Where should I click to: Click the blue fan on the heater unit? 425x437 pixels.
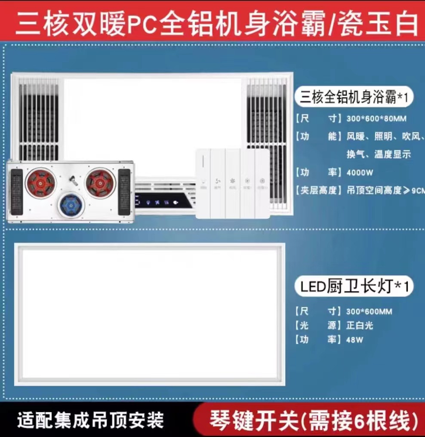[71, 204]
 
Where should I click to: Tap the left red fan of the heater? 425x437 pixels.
[41, 182]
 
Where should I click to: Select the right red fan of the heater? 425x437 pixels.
[100, 182]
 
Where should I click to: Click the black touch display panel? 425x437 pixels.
[164, 202]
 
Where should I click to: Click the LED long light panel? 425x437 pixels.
[150, 314]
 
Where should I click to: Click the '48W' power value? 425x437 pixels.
[355, 340]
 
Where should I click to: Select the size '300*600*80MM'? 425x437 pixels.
[376, 118]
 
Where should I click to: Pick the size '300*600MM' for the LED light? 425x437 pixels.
[370, 311]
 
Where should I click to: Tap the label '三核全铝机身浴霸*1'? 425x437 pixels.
[354, 98]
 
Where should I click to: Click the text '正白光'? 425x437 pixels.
[360, 326]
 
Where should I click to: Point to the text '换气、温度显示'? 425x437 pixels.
[379, 154]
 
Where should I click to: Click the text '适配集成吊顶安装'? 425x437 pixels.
[91, 419]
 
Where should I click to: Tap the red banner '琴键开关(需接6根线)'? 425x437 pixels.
[314, 419]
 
